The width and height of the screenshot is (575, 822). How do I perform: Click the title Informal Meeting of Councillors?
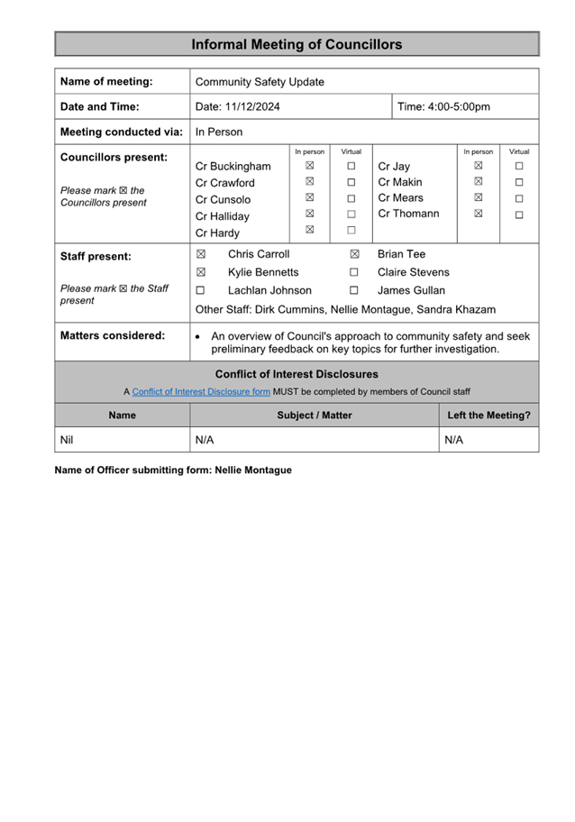(297, 44)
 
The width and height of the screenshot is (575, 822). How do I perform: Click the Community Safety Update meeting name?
(260, 82)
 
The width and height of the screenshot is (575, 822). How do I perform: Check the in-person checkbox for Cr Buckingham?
(309, 166)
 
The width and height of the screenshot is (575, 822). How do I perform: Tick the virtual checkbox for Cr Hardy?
(351, 231)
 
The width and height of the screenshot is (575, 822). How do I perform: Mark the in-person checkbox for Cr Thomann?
(478, 215)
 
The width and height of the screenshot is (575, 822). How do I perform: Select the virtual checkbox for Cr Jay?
(519, 166)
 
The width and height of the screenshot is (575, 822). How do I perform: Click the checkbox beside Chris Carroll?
(201, 255)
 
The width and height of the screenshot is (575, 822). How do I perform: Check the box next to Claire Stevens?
(354, 272)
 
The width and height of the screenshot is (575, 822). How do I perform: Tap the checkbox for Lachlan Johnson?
(201, 290)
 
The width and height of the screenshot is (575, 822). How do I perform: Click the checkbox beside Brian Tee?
(354, 255)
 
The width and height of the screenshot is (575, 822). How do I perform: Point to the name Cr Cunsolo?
(223, 199)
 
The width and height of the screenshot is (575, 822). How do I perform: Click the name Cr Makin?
(399, 182)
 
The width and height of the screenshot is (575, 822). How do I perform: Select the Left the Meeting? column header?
(488, 416)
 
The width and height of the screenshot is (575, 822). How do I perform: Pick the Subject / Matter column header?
(315, 416)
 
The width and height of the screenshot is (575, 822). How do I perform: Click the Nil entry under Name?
(66, 440)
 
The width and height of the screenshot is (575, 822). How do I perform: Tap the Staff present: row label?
(96, 256)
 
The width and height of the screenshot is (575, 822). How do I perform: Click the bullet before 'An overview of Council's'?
(197, 337)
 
